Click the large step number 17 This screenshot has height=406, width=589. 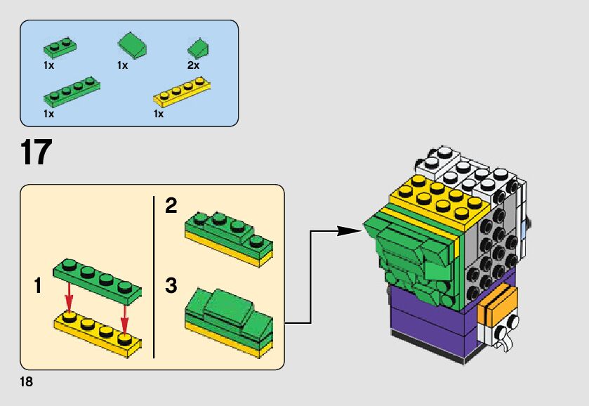[x=36, y=152]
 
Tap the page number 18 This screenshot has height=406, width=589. [x=27, y=382]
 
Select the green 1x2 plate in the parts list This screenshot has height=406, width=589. [x=59, y=48]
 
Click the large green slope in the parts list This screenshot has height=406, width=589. [x=132, y=46]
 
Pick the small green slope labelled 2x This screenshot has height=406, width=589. [x=199, y=49]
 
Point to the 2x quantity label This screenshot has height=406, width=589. [x=193, y=65]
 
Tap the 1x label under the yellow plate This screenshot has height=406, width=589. [x=159, y=113]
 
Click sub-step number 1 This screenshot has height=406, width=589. [x=39, y=287]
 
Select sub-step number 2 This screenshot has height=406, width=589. [x=171, y=207]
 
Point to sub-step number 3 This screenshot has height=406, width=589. [x=171, y=287]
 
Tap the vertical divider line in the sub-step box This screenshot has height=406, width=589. [x=154, y=277]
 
